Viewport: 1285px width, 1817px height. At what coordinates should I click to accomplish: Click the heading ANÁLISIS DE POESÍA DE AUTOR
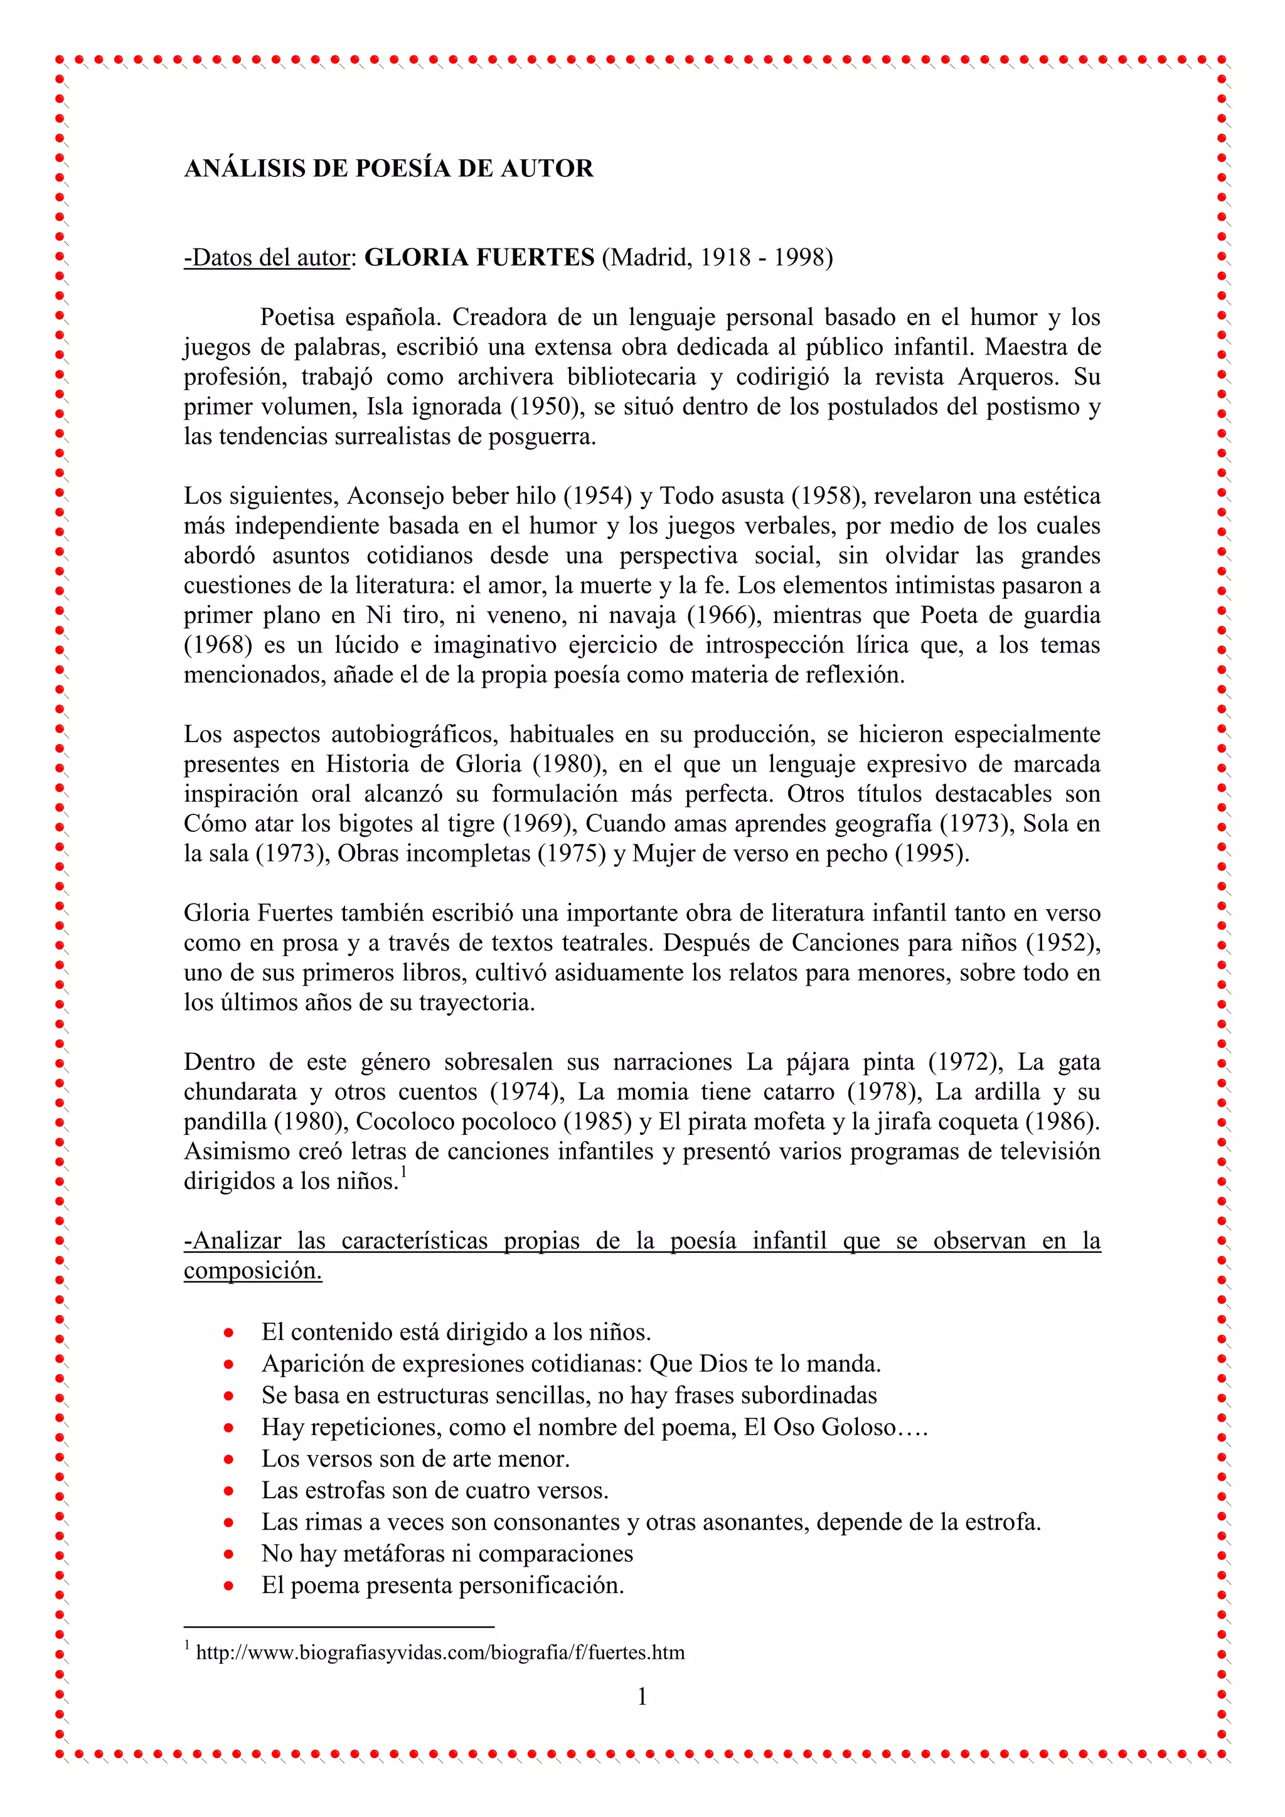pos(388,169)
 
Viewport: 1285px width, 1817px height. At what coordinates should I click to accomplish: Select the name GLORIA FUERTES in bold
pos(479,258)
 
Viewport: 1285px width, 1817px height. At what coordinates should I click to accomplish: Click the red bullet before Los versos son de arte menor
pos(228,1459)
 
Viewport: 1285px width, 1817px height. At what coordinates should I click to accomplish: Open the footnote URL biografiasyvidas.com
pos(440,1653)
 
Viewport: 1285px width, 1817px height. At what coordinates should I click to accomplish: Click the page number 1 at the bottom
pos(642,1697)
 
